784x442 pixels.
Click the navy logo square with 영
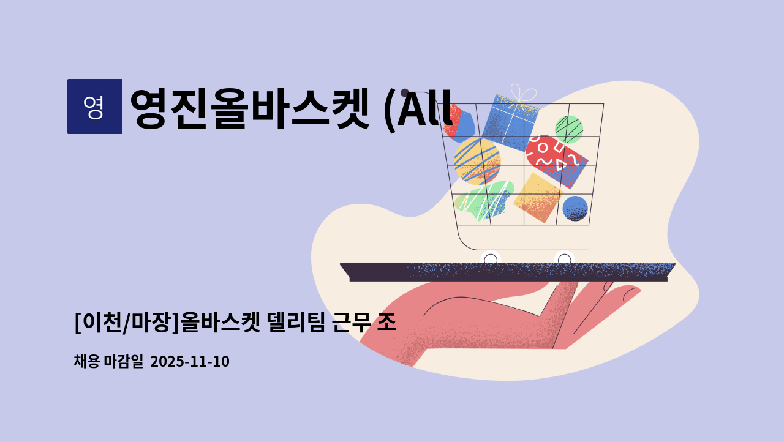pos(94,107)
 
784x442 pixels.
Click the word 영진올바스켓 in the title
pos(250,109)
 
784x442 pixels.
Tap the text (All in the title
pos(417,109)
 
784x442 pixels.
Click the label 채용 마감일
pos(108,361)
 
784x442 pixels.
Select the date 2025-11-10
pos(189,361)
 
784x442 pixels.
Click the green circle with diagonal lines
pos(568,129)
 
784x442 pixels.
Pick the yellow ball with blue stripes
pos(477,160)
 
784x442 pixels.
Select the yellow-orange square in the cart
pos(538,197)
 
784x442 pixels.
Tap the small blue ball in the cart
pos(575,208)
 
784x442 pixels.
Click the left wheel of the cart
pos(491,259)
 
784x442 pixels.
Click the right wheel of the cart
pos(564,259)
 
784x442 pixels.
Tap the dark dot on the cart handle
pos(405,92)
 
